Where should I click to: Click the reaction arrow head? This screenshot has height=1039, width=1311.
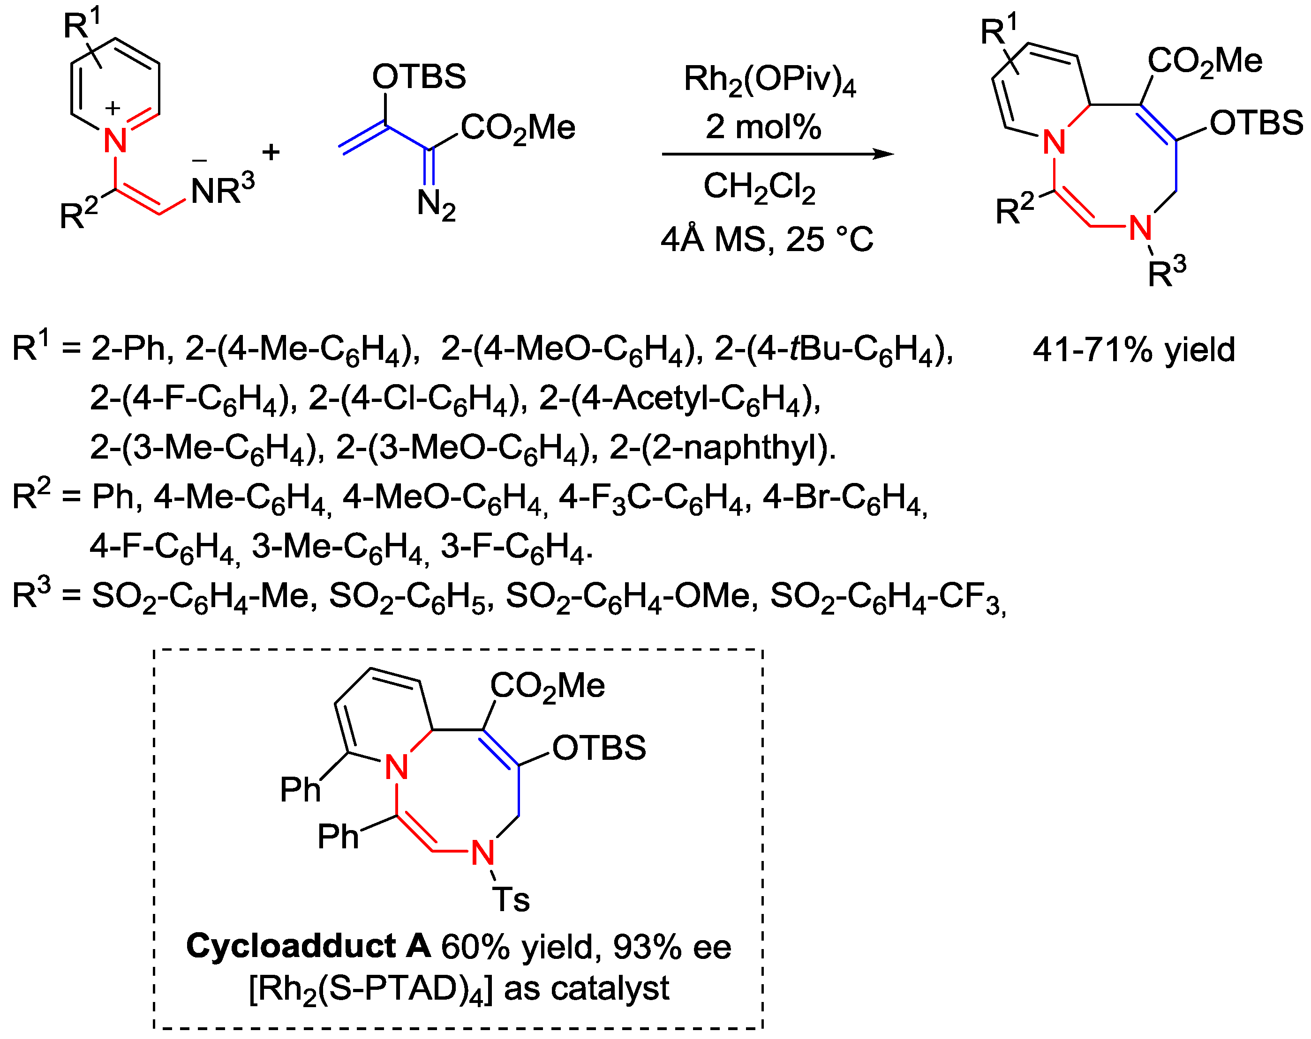pyautogui.click(x=884, y=154)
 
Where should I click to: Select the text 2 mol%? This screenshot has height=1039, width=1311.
pyautogui.click(x=763, y=127)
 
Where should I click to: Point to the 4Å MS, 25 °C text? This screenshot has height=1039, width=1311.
pyautogui.click(x=767, y=239)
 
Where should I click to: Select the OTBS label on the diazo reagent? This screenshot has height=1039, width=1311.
pyautogui.click(x=419, y=76)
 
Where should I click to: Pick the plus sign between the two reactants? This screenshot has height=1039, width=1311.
pyautogui.click(x=271, y=152)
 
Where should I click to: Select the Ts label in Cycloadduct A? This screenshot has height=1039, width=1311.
pyautogui.click(x=511, y=900)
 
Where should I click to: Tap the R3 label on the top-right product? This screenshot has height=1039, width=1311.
pyautogui.click(x=1166, y=272)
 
